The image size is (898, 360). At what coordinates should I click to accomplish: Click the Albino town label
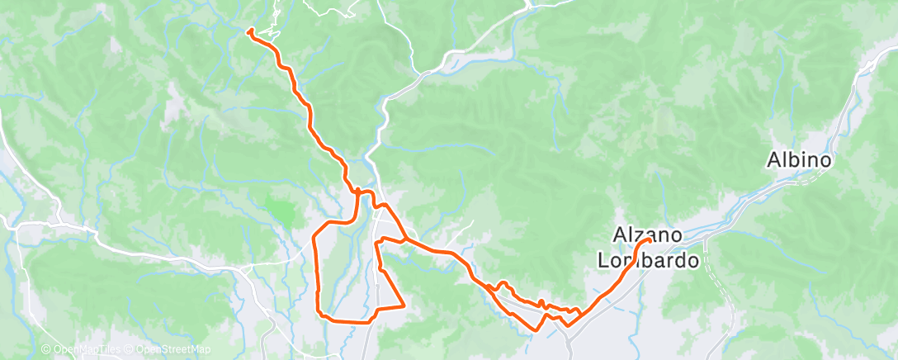(798, 159)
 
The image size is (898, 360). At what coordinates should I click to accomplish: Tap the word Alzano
(648, 234)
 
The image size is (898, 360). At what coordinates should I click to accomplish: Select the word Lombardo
(648, 260)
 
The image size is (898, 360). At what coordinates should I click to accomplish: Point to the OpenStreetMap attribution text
(172, 350)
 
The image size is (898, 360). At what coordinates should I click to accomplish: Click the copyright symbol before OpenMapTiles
(46, 350)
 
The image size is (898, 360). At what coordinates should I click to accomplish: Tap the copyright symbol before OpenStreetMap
(130, 350)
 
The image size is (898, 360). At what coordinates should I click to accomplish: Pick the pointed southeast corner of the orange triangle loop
(403, 306)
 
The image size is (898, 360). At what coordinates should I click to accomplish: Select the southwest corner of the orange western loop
(319, 313)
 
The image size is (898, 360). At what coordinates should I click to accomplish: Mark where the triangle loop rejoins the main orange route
(404, 241)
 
